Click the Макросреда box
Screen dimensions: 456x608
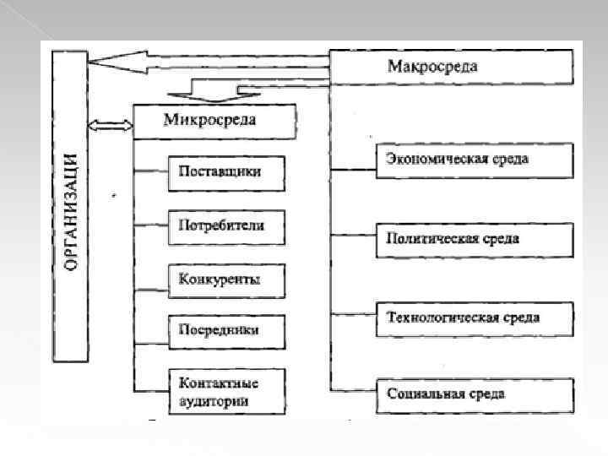click(x=451, y=66)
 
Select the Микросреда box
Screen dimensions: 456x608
click(x=214, y=121)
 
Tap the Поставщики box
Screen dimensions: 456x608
click(x=225, y=171)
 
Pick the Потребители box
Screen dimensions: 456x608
click(x=225, y=225)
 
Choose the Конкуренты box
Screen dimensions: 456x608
click(x=225, y=279)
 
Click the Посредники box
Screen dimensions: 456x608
click(x=225, y=330)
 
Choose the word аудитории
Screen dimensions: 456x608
click(x=214, y=401)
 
